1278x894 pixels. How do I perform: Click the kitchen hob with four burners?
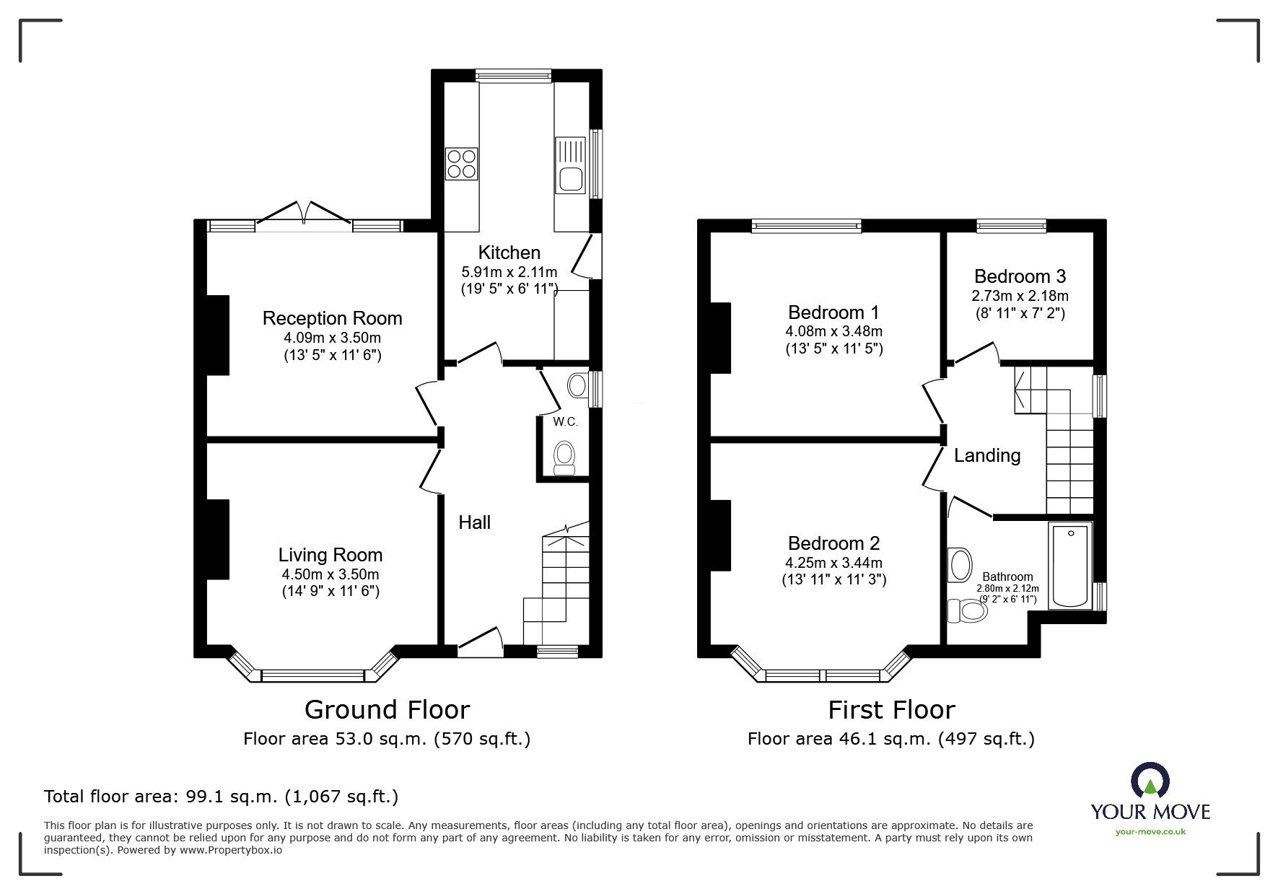click(462, 163)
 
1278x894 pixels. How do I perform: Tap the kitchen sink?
click(570, 166)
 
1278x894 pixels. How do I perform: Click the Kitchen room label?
click(509, 253)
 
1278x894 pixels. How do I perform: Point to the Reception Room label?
click(332, 318)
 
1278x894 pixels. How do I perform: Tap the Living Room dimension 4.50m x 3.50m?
click(331, 575)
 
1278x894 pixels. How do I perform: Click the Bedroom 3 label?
click(1020, 276)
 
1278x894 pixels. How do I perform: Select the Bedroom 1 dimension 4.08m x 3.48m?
click(834, 332)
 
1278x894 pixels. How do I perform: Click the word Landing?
click(987, 455)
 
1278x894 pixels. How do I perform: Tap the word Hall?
click(475, 522)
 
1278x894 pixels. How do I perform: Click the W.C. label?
click(566, 422)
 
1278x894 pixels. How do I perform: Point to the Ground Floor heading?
click(387, 710)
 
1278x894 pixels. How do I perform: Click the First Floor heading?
click(891, 710)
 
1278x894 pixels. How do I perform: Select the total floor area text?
click(222, 797)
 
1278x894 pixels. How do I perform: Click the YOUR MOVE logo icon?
click(1150, 780)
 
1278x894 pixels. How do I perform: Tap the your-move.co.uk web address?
click(1150, 832)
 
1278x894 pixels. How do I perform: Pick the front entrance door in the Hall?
click(480, 642)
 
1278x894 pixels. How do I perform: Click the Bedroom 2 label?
click(834, 543)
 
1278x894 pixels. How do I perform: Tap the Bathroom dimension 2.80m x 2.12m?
click(1008, 588)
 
